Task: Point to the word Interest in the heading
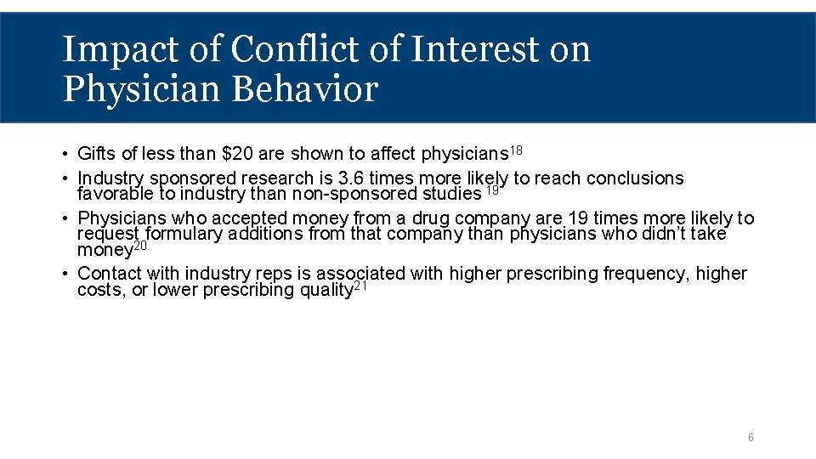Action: click(x=474, y=49)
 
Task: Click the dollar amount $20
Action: click(x=236, y=154)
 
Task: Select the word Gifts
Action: click(x=95, y=154)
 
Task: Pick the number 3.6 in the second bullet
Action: click(x=352, y=178)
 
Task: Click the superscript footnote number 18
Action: click(x=516, y=150)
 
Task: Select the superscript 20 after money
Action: click(x=140, y=246)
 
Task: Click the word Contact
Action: click(x=110, y=274)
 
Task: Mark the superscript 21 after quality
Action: click(x=360, y=286)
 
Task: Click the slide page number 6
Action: click(x=751, y=438)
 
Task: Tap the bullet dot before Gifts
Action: click(x=65, y=155)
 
